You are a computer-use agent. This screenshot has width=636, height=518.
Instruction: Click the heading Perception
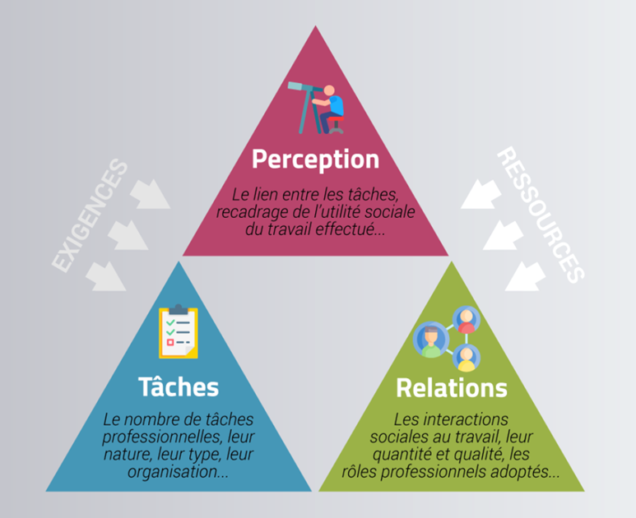pyautogui.click(x=315, y=158)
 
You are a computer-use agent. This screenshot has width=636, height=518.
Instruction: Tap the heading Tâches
pyautogui.click(x=178, y=386)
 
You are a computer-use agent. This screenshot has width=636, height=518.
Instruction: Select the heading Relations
pyautogui.click(x=451, y=386)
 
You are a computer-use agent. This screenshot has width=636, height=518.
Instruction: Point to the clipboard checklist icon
pyautogui.click(x=179, y=332)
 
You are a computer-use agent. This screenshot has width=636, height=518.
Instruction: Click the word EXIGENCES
pyautogui.click(x=90, y=216)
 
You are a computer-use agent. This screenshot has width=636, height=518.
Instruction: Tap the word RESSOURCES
pyautogui.click(x=541, y=215)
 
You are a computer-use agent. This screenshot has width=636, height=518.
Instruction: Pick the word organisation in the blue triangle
pyautogui.click(x=171, y=472)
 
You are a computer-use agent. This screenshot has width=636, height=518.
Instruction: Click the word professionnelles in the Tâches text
pyautogui.click(x=160, y=437)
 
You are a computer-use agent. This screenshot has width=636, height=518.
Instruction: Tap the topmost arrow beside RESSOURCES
pyautogui.click(x=478, y=194)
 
